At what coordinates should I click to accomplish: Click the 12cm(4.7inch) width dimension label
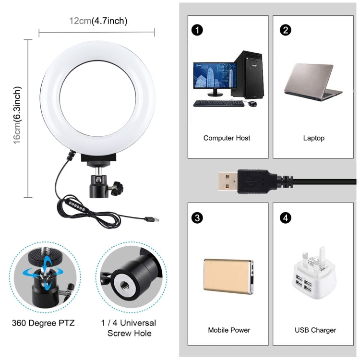coord(98,21)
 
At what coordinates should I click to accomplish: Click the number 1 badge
coord(196,30)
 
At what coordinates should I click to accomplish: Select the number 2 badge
coord(286,30)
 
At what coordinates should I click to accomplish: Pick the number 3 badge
coord(196,218)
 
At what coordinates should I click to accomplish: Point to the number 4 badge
coord(286,218)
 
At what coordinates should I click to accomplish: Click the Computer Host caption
coord(227,138)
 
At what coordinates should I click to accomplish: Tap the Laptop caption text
coord(313,138)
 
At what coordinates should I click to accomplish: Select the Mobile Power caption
coord(229,330)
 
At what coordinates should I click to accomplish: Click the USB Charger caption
coord(315,330)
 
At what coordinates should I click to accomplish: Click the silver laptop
coord(312,82)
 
